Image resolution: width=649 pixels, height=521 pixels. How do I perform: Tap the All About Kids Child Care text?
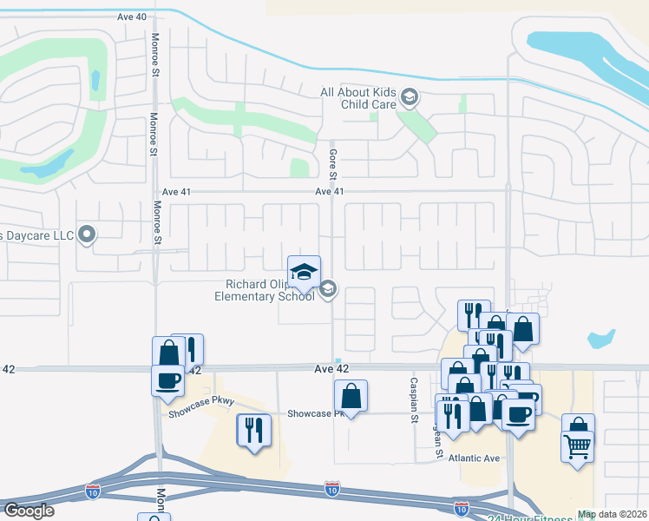tap(357, 98)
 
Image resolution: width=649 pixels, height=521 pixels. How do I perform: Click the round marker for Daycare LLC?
tap(86, 234)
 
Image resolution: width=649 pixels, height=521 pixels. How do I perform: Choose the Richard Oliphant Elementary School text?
tap(267, 290)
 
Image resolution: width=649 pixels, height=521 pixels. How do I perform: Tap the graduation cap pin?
tap(304, 270)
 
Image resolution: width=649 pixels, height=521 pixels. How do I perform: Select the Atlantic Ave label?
tap(475, 458)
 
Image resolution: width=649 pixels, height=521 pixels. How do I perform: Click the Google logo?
tap(29, 511)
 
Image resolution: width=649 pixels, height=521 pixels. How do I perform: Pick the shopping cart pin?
tap(578, 446)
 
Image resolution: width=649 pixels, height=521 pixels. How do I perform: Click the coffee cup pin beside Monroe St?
tap(167, 379)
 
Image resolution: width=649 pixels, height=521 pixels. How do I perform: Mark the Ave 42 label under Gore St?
tap(331, 369)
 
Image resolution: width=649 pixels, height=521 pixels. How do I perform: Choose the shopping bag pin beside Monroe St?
tap(168, 352)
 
